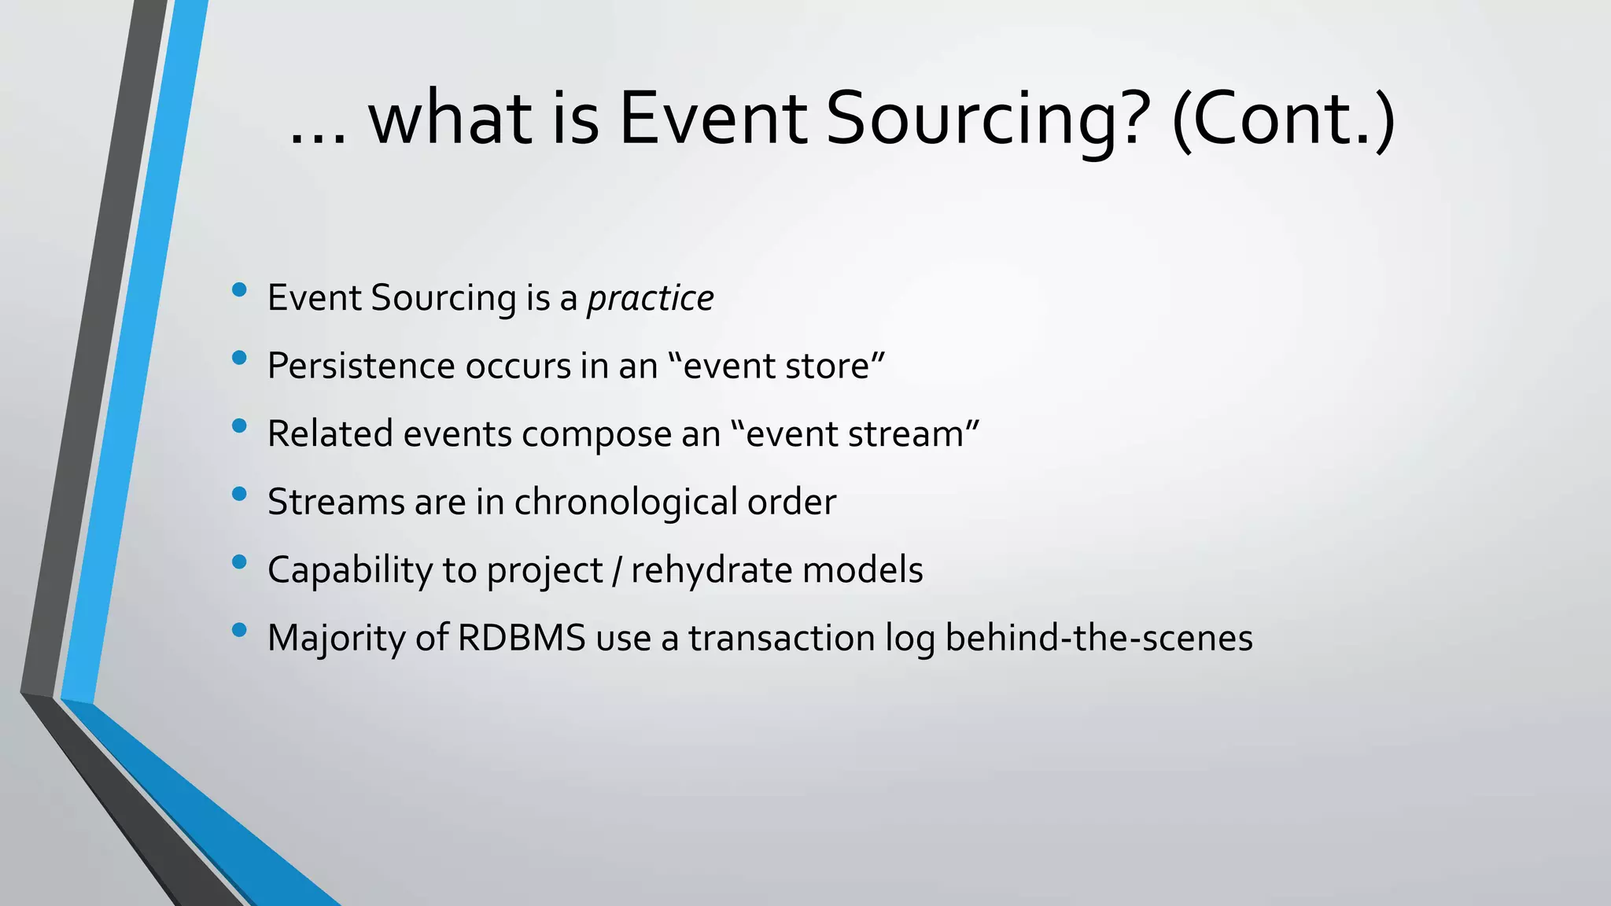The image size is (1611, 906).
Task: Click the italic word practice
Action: coord(650,299)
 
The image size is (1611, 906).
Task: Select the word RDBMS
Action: coord(522,638)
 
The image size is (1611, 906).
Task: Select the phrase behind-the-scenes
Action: coord(1098,638)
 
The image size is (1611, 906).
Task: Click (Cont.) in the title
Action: coord(1283,120)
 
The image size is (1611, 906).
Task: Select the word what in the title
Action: coord(450,120)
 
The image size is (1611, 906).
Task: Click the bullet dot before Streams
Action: coord(240,495)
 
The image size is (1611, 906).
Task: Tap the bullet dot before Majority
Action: coord(240,630)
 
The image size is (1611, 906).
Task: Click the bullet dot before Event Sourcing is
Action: coord(240,291)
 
